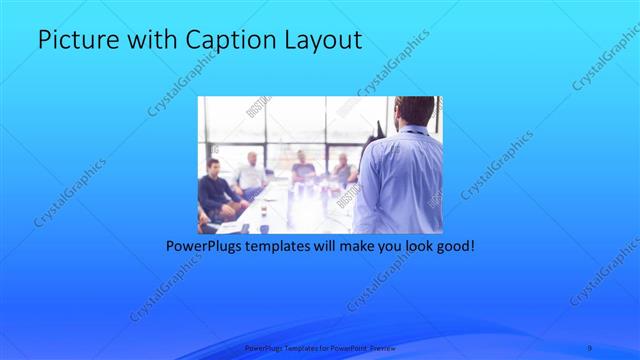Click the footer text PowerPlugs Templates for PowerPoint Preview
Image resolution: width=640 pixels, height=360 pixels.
coord(319,348)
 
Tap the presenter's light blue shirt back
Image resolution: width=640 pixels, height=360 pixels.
coord(399,180)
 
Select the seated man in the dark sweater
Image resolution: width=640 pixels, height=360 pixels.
coord(215,189)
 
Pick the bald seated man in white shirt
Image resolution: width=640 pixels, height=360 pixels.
coord(250,175)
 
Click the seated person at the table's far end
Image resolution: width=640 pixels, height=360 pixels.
coord(302,166)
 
